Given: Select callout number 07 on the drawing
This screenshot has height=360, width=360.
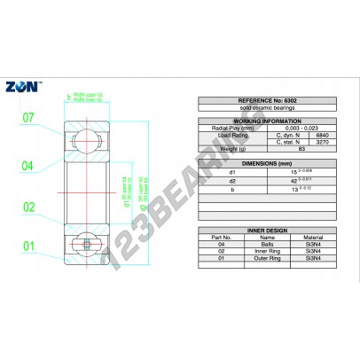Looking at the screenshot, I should tap(27, 117).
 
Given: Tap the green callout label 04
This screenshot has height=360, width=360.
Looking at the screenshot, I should tap(27, 166).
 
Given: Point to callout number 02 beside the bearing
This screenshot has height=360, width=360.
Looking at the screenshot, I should tap(27, 208).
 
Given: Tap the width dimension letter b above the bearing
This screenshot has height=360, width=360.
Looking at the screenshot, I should tap(68, 97).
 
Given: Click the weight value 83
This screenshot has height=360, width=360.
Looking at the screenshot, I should tap(287, 149).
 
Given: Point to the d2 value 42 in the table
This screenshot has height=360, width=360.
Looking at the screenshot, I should tap(286, 180).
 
